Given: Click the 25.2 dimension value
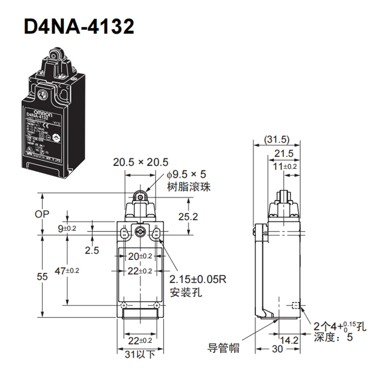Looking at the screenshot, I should click(x=188, y=217).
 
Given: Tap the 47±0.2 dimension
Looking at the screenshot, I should click(x=67, y=270).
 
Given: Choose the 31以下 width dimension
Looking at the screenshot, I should click(x=140, y=355).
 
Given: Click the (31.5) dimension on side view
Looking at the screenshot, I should click(x=277, y=140).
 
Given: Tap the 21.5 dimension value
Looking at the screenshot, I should click(x=284, y=153).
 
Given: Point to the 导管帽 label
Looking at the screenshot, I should click(x=223, y=346).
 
